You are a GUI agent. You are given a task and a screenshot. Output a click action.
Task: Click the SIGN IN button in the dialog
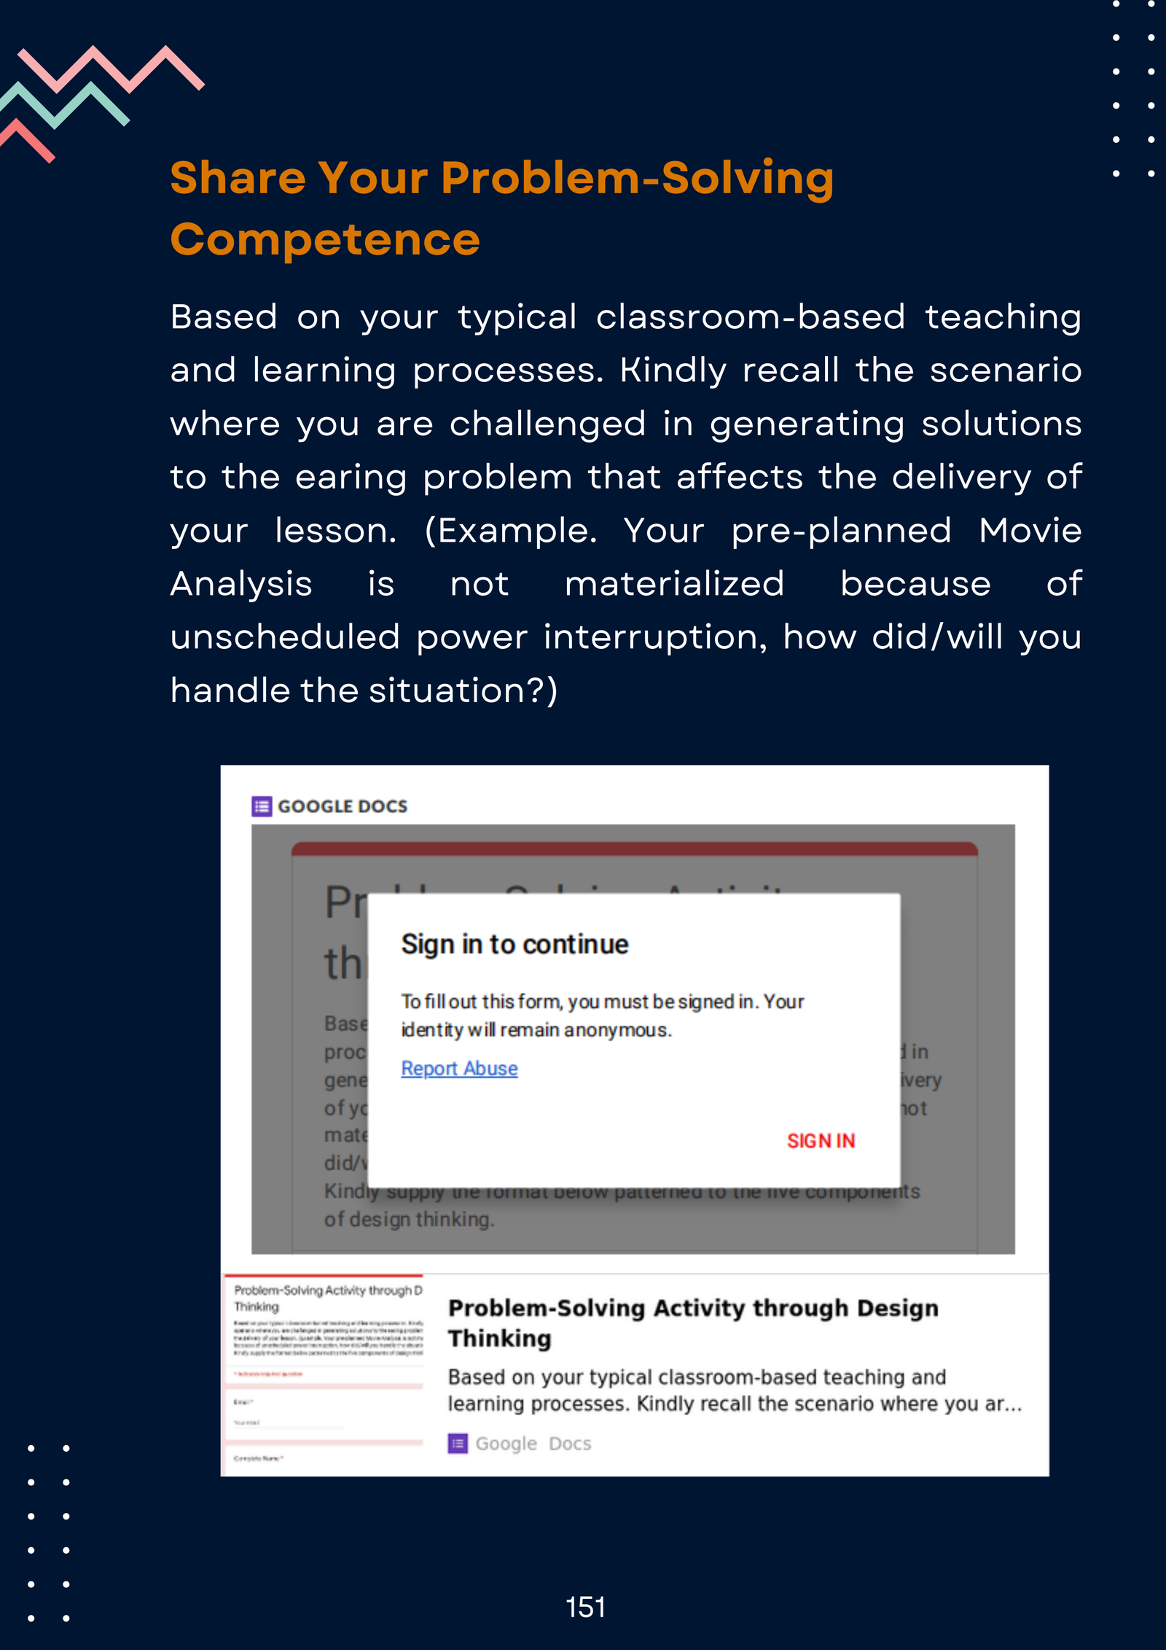pyautogui.click(x=821, y=1141)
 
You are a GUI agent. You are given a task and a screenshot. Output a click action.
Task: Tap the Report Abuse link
pyautogui.click(x=459, y=1068)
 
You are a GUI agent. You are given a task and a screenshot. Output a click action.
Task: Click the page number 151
pyautogui.click(x=585, y=1607)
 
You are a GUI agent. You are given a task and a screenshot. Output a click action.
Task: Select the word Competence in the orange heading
pyautogui.click(x=325, y=239)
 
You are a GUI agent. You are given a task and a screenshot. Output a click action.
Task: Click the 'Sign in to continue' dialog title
pyautogui.click(x=514, y=944)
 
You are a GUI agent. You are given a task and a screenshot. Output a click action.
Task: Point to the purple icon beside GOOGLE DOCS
pyautogui.click(x=262, y=806)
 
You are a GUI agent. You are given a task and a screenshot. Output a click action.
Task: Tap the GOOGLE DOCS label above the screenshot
pyautogui.click(x=343, y=806)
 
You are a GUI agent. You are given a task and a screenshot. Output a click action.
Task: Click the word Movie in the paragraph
pyautogui.click(x=1030, y=530)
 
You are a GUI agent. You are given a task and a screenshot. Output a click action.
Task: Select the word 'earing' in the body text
pyautogui.click(x=351, y=478)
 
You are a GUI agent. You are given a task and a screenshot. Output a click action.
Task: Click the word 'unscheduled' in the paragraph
pyautogui.click(x=285, y=637)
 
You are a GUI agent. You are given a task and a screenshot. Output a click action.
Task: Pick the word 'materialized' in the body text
pyautogui.click(x=674, y=584)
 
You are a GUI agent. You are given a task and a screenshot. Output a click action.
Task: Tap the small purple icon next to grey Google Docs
pyautogui.click(x=458, y=1444)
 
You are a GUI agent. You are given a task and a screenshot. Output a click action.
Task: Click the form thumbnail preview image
pyautogui.click(x=324, y=1374)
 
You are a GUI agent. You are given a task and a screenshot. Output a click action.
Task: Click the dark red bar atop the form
pyautogui.click(x=634, y=849)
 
